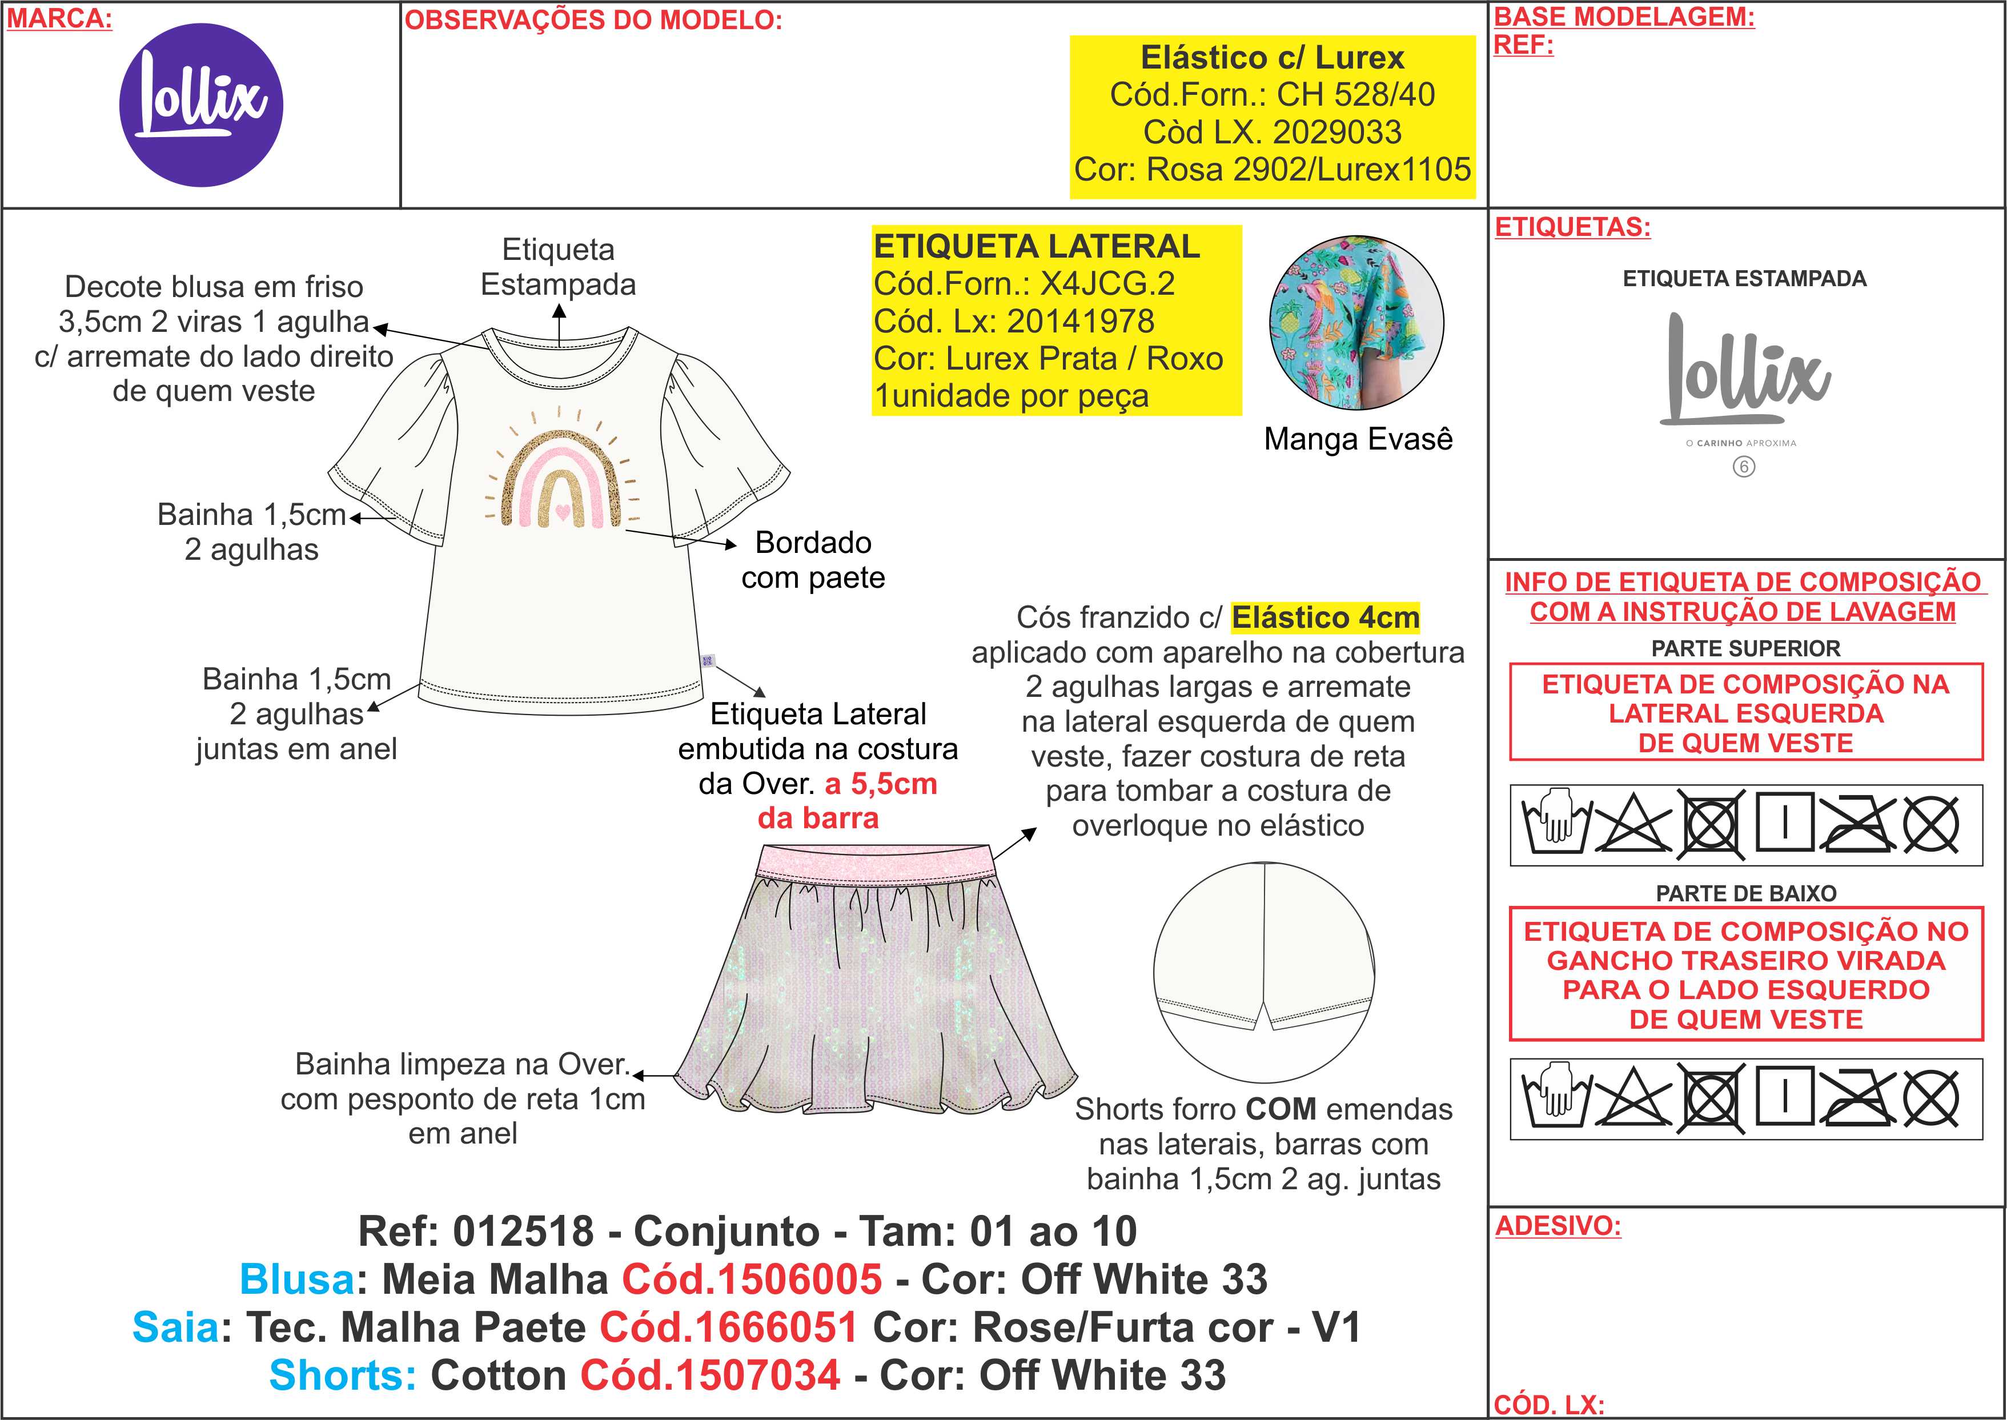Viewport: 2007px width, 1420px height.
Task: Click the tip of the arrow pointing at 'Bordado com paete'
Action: (x=737, y=545)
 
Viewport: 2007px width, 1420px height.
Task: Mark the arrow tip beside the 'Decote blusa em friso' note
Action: (x=374, y=328)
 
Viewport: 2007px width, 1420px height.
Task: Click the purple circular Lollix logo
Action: (x=201, y=105)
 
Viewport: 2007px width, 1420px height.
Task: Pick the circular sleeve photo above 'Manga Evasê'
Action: (x=1356, y=323)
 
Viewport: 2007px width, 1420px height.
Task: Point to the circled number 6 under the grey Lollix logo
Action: (x=1744, y=467)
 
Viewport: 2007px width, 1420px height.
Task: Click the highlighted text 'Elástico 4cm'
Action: (x=1325, y=617)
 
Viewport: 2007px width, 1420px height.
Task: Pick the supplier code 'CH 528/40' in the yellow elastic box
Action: (x=1356, y=94)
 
